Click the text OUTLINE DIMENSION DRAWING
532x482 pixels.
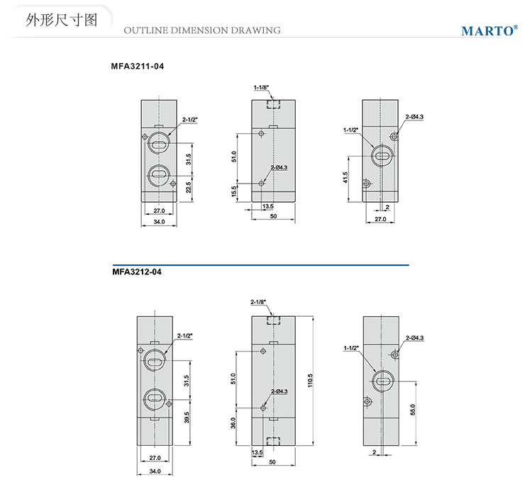tap(201, 30)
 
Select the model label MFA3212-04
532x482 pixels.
tap(137, 270)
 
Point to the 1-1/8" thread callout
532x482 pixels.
tap(261, 87)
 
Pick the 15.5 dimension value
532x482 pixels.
tap(235, 192)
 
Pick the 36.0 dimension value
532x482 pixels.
tap(234, 422)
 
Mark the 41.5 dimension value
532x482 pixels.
tap(345, 176)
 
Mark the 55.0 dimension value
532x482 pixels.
tap(412, 410)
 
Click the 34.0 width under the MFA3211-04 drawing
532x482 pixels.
tap(159, 222)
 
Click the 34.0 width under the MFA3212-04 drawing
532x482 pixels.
tap(155, 471)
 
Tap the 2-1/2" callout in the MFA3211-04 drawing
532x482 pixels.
tap(190, 120)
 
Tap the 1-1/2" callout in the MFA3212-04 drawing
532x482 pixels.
tap(351, 348)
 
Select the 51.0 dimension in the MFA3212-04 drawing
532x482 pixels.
tap(234, 379)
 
